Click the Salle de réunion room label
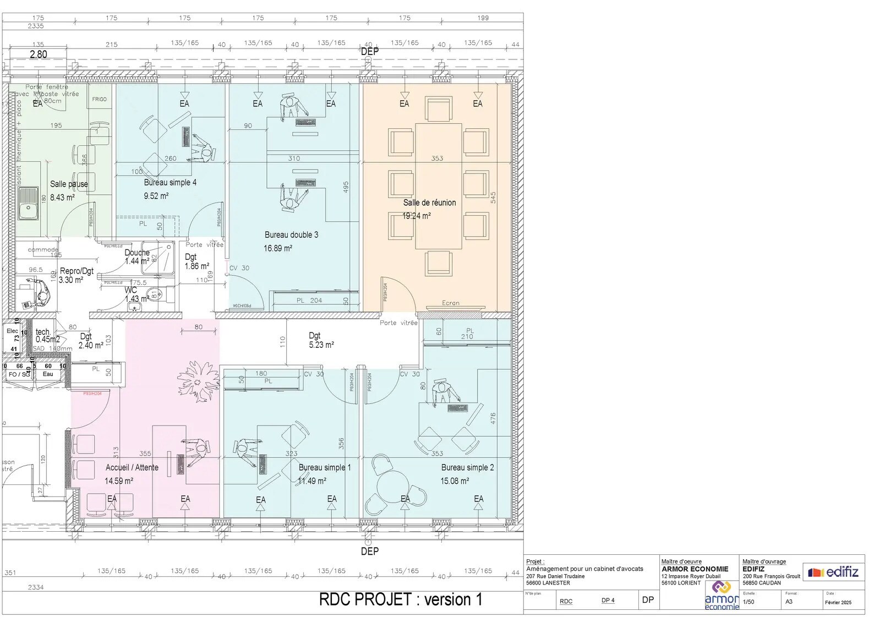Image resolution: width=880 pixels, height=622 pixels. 429,203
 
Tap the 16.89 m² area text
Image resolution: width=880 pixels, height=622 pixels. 277,248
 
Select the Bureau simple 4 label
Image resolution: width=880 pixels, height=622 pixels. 170,182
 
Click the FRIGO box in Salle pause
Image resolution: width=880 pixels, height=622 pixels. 100,100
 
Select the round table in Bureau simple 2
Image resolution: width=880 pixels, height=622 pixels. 392,487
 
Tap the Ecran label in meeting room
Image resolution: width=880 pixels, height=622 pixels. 450,303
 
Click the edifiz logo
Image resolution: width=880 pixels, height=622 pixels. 833,572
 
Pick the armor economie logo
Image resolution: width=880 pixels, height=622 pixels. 722,596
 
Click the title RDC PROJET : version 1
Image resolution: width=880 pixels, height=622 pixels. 401,599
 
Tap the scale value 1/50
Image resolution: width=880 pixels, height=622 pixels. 748,602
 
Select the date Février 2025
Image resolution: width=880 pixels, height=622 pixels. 838,602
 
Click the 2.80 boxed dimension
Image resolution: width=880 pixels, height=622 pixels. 38,54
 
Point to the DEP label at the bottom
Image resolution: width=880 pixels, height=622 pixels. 369,551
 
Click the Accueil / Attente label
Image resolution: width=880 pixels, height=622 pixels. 132,467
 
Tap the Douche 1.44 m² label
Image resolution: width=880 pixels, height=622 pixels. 137,257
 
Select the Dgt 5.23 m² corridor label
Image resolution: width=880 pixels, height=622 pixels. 321,340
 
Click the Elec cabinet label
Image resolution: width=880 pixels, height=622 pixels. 12,331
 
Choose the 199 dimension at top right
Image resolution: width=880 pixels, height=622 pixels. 483,18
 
